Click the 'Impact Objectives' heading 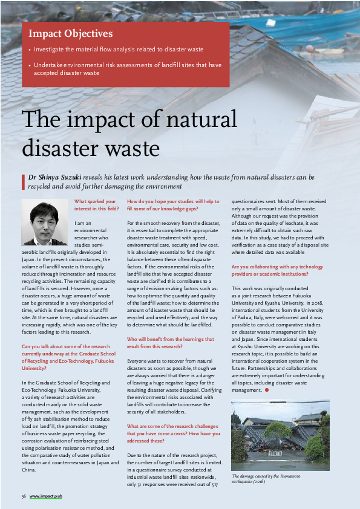[x=70, y=34]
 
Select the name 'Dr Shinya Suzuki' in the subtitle [x=55, y=178]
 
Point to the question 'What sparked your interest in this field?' [x=95, y=205]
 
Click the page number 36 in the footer [x=24, y=496]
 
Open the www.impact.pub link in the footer [x=46, y=496]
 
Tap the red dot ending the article [x=266, y=390]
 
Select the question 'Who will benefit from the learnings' [x=171, y=343]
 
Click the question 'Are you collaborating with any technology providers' [x=277, y=270]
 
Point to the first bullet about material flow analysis [x=119, y=50]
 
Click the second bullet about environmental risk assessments [x=127, y=69]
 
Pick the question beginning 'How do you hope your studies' [x=173, y=205]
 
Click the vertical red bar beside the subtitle [x=22, y=181]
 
